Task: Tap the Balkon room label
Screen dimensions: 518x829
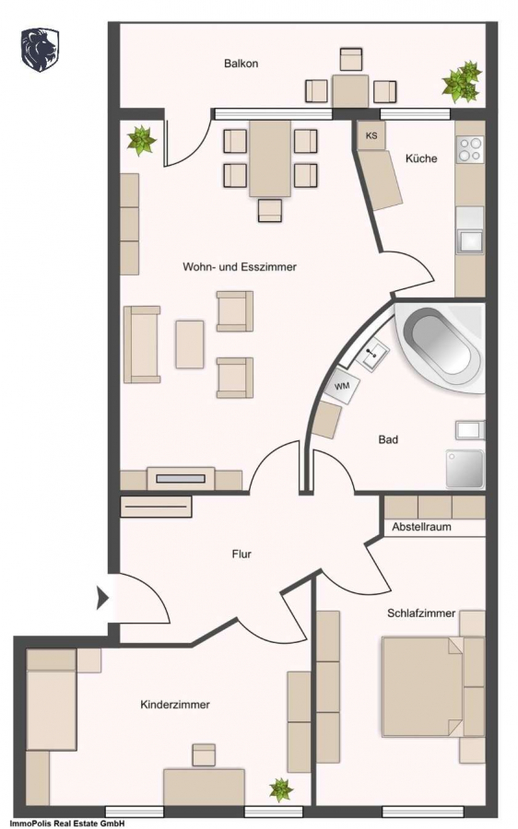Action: tap(241, 64)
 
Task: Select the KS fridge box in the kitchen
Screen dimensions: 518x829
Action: tap(372, 135)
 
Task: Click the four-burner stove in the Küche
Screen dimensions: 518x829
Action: tap(470, 148)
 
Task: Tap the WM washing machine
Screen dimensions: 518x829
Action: tap(342, 387)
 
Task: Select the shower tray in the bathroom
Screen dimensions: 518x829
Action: tap(465, 469)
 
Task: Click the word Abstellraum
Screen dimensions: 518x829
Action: tap(422, 527)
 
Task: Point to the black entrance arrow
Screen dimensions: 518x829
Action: tap(102, 599)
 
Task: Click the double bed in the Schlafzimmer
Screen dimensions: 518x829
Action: tap(423, 686)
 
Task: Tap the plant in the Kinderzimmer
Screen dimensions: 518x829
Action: tap(280, 790)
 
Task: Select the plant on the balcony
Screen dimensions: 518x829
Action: tap(463, 82)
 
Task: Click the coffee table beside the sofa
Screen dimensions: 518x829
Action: tap(190, 344)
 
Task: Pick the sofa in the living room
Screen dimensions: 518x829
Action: tap(142, 344)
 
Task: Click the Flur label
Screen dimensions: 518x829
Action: tap(241, 555)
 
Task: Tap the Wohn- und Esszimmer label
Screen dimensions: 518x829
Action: tap(239, 267)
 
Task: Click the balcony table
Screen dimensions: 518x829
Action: tap(350, 91)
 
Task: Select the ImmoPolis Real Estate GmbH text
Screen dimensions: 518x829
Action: tap(63, 823)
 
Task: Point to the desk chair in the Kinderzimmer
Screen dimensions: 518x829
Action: tap(204, 754)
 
